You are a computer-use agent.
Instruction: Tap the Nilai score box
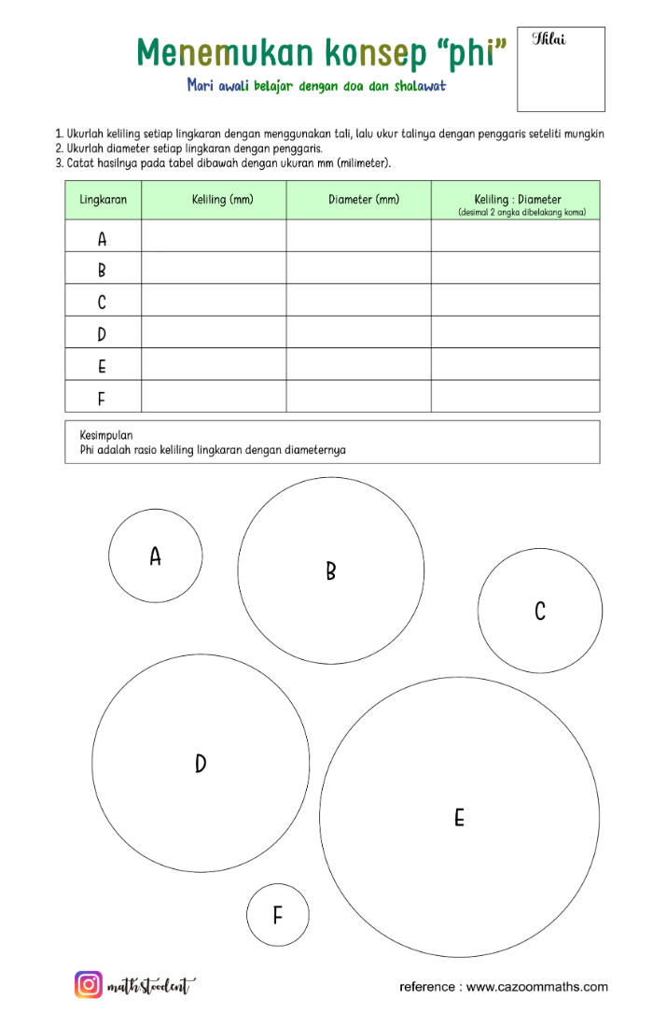coord(561,69)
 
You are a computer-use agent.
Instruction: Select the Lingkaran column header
coord(104,200)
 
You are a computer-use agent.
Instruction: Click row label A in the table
coord(103,240)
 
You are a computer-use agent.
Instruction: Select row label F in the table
coord(102,400)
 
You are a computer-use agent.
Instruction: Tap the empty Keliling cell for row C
coord(214,302)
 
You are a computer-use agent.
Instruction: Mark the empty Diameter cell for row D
coord(358,333)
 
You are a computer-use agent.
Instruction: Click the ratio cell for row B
coord(515,270)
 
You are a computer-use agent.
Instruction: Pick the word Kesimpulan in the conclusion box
coord(106,435)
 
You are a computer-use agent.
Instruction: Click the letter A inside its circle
coord(156,556)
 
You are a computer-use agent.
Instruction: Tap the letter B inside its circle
coord(330,571)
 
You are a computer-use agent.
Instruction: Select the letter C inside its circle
coord(540,612)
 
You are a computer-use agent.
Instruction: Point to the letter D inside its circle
coord(201,764)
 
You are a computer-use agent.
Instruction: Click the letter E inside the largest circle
coord(459,818)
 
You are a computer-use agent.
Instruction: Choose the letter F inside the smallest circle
coord(277,916)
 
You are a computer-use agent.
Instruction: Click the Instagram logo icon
coord(89,985)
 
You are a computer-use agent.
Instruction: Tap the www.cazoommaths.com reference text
coord(536,987)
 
